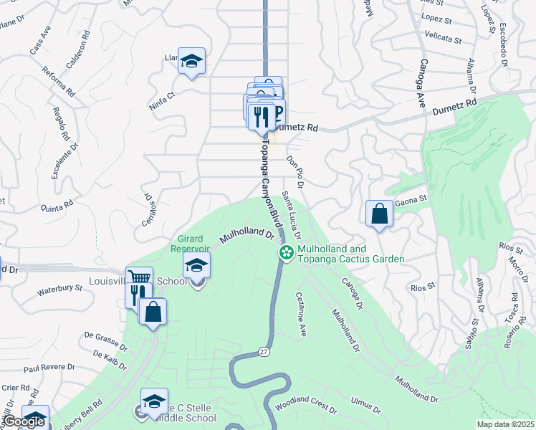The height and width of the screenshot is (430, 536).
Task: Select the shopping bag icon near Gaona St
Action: (379, 214)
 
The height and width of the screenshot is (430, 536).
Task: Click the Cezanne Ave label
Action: (302, 314)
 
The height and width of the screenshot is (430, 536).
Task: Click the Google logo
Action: (23, 421)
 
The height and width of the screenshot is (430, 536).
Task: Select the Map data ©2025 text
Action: (504, 424)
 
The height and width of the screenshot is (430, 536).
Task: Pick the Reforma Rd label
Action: (59, 81)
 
